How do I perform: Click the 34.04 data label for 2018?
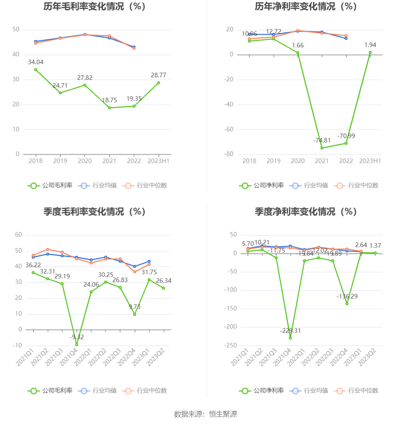coord(35,62)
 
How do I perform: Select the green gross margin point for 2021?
coord(109,108)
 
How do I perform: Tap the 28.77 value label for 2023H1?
coord(158,75)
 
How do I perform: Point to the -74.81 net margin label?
coord(322,140)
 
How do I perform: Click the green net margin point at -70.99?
coord(346,143)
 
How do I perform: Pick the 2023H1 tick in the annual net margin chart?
coord(370,161)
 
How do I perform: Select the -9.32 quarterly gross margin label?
coord(77,337)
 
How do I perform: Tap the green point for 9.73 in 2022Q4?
coord(134,314)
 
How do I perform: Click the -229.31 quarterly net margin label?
coord(290,331)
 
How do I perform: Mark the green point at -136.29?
coord(347,304)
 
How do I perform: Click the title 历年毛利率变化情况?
coord(94,7)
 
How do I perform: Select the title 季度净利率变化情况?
coord(306,212)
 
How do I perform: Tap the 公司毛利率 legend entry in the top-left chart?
coord(50,186)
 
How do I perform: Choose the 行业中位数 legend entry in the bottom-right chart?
coord(356,391)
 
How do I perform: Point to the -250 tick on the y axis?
coord(231,345)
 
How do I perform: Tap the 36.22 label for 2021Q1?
coord(33,265)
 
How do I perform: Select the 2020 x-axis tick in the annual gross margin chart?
coord(85,161)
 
